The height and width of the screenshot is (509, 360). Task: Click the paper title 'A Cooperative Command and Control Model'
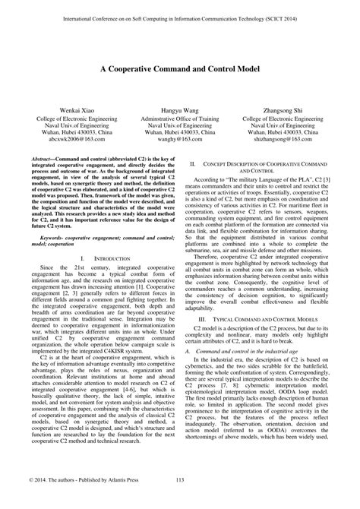click(180, 67)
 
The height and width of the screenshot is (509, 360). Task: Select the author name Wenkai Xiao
click(62, 111)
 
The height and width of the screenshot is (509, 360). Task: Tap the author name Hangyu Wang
click(180, 111)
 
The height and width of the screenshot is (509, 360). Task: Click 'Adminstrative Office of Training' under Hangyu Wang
click(180, 119)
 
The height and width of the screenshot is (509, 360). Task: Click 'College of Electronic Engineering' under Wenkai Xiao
click(62, 119)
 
